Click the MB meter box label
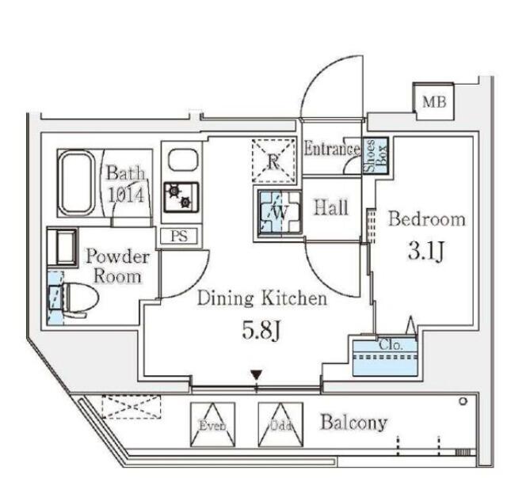coord(434,102)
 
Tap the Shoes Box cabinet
coord(375,156)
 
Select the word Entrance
coord(332,149)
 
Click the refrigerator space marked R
coord(274,161)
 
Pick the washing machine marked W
coord(280,212)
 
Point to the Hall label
coord(331,207)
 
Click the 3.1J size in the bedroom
coord(425,252)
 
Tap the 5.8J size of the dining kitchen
coord(261,331)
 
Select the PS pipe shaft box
coord(179,236)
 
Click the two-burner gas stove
coord(181,197)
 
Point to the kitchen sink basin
coord(183,160)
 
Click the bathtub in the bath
coord(77,183)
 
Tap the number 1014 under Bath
coord(125,195)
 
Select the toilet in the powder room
coord(74,298)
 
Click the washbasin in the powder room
coord(63,248)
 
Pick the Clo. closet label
coord(391,345)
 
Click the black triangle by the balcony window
coord(257,375)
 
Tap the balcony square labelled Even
coord(213,424)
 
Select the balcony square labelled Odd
coord(280,424)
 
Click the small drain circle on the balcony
coord(463,401)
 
